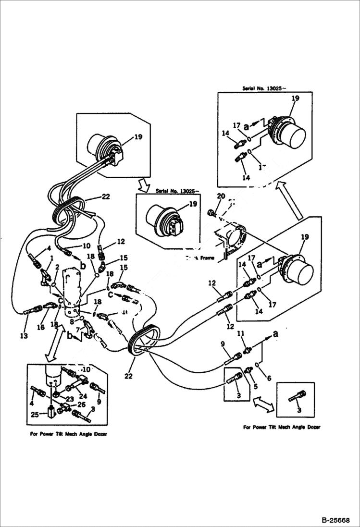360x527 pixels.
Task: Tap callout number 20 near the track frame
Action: click(221, 196)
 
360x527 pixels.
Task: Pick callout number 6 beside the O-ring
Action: click(268, 379)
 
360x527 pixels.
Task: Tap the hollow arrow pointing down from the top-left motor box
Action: click(144, 183)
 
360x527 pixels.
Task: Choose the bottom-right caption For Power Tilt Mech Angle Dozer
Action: click(282, 427)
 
